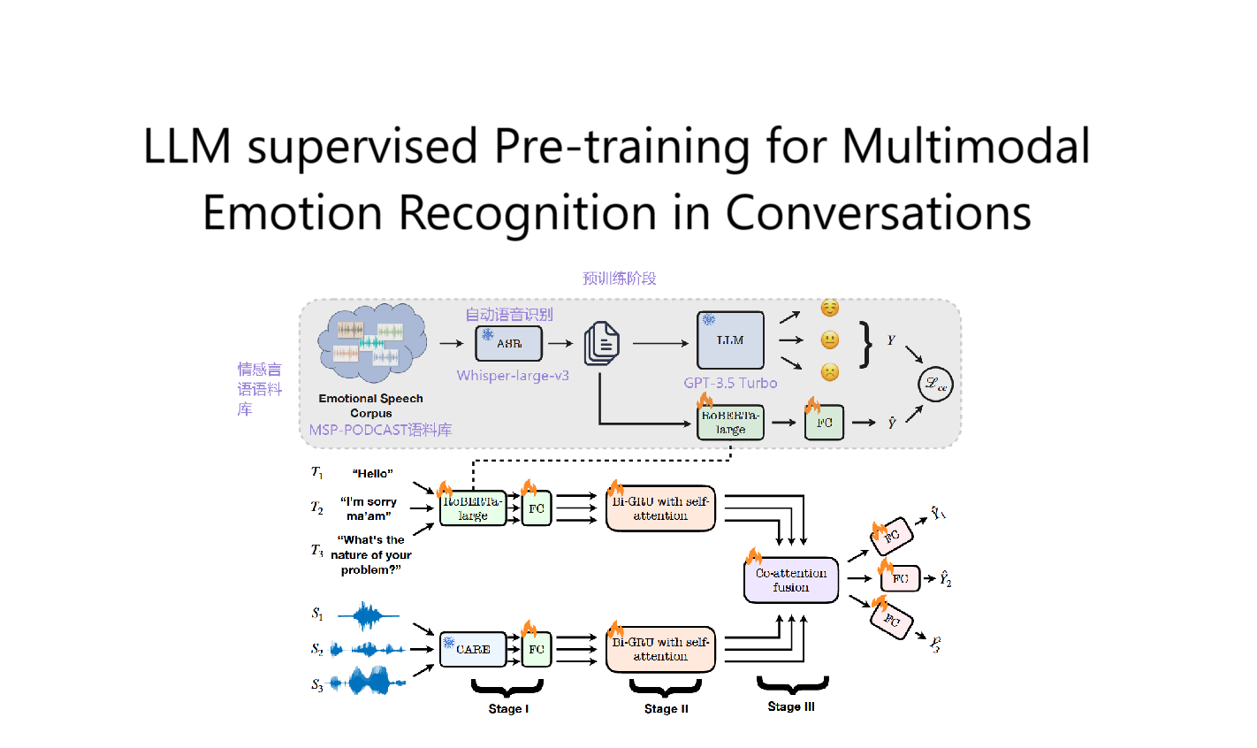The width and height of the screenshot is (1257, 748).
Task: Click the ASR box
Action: pyautogui.click(x=508, y=343)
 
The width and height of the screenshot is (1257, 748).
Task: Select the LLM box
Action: pyautogui.click(x=730, y=340)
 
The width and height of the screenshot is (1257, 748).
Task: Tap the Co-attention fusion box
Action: pyautogui.click(x=790, y=580)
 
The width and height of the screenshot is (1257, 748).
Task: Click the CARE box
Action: pyautogui.click(x=473, y=649)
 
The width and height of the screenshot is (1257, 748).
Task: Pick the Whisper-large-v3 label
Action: pyautogui.click(x=513, y=376)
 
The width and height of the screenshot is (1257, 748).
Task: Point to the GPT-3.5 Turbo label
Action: pyautogui.click(x=730, y=383)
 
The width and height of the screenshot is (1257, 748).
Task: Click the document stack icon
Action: pyautogui.click(x=601, y=343)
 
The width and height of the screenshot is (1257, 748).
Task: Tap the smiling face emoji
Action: pyautogui.click(x=829, y=308)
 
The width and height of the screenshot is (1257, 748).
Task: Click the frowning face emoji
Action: pyautogui.click(x=829, y=372)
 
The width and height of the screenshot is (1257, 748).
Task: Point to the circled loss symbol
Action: pyautogui.click(x=935, y=384)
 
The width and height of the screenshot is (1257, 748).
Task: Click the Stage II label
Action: pyautogui.click(x=666, y=708)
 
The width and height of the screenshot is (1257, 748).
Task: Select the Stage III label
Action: pyautogui.click(x=791, y=706)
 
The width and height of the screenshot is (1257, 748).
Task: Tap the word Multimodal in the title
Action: pyautogui.click(x=965, y=147)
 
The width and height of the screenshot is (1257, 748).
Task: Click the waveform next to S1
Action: pyautogui.click(x=368, y=614)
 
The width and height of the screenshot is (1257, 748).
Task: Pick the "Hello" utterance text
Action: pyautogui.click(x=372, y=474)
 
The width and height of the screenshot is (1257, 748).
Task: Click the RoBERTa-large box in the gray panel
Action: pyautogui.click(x=730, y=423)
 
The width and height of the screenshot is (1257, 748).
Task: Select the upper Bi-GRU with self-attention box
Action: pyautogui.click(x=660, y=508)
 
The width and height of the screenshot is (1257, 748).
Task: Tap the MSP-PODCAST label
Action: pyautogui.click(x=380, y=430)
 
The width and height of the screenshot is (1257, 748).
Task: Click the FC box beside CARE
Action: pyautogui.click(x=536, y=649)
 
